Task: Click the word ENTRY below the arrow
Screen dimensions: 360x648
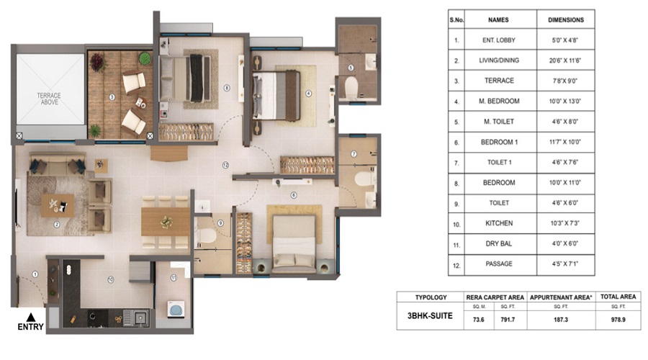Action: click(x=30, y=328)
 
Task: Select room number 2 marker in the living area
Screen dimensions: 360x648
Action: click(x=56, y=223)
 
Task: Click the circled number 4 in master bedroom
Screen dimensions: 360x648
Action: click(x=307, y=92)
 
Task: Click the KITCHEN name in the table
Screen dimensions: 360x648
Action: click(x=499, y=224)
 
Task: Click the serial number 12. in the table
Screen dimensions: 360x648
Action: click(x=456, y=264)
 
